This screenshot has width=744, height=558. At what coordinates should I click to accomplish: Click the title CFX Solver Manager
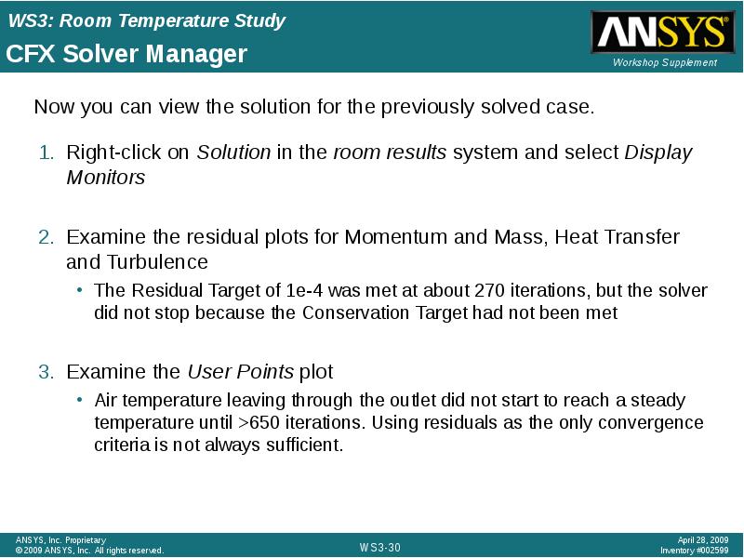(x=126, y=54)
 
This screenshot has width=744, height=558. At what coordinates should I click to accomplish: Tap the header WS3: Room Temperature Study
(x=146, y=20)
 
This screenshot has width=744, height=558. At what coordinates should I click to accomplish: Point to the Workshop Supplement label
(x=665, y=62)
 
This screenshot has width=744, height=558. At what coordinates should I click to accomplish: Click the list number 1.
(x=45, y=153)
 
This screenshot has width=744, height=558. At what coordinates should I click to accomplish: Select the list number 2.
(x=45, y=237)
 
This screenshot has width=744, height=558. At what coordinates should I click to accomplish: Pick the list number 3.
(x=45, y=372)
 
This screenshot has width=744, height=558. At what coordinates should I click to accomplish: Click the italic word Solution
(x=233, y=153)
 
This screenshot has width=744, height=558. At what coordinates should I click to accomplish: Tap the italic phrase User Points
(x=240, y=372)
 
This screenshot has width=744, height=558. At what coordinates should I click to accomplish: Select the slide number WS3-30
(x=379, y=548)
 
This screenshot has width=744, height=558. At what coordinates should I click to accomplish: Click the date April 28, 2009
(x=703, y=540)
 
